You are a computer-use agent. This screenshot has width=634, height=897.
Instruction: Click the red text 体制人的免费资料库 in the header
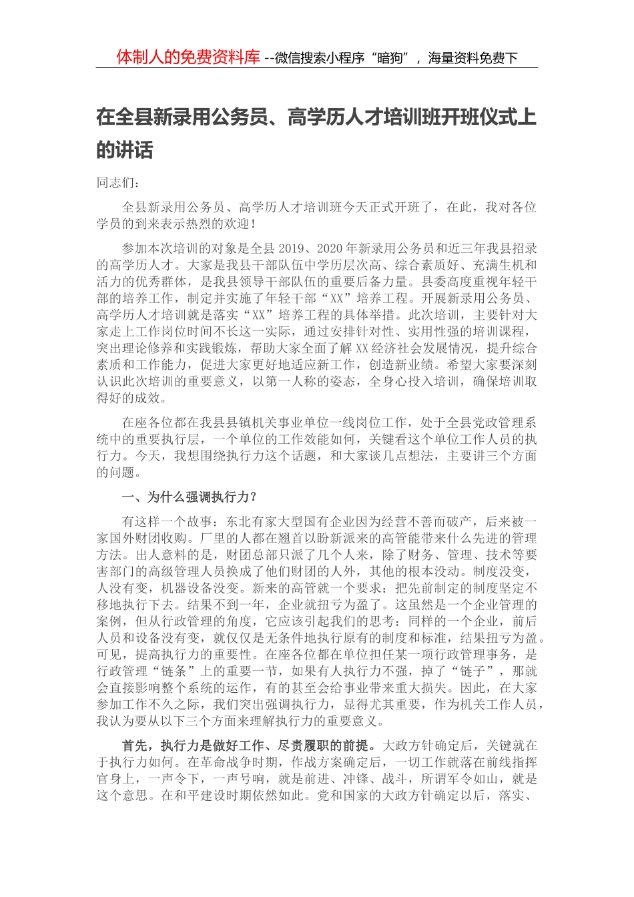click(x=188, y=57)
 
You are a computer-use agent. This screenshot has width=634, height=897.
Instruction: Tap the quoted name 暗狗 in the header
click(x=391, y=58)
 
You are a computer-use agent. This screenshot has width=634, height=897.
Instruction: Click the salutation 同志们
click(x=115, y=183)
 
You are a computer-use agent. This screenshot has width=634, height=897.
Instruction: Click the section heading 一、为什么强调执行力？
click(x=189, y=497)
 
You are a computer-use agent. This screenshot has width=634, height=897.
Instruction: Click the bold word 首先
click(x=136, y=745)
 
